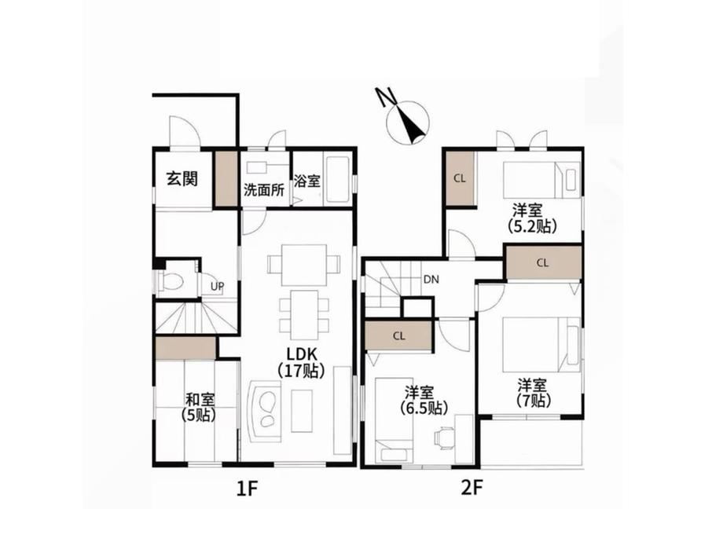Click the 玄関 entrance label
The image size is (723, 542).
click(182, 178)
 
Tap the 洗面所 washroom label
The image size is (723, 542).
click(264, 189)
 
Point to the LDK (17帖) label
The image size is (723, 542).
click(301, 362)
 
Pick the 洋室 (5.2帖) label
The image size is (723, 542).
click(532, 218)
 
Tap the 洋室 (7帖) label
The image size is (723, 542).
click(534, 393)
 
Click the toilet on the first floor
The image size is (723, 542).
click(171, 280)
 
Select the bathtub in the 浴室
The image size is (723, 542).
click(338, 181)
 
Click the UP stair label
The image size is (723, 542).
click(217, 286)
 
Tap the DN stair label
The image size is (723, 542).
click(431, 280)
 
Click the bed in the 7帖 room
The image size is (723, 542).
click(541, 344)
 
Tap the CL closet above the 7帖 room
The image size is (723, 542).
click(543, 262)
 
